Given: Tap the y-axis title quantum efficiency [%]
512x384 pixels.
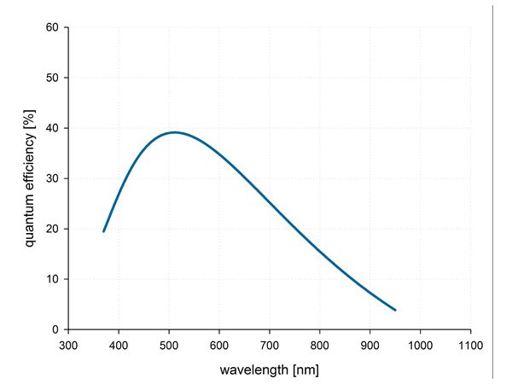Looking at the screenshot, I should point(30,178).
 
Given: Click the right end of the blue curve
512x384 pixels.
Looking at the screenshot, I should point(395,310).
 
